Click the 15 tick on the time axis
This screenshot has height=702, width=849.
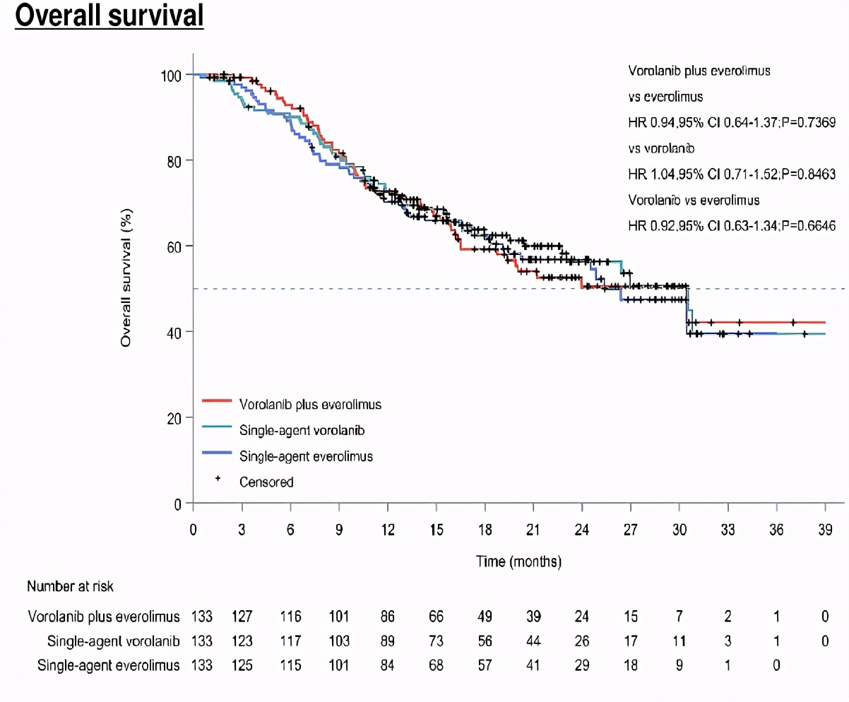(x=437, y=529)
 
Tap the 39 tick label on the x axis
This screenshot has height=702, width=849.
(x=825, y=529)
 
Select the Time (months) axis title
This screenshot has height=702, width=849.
(x=518, y=562)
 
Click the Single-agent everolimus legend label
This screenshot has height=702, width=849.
(x=306, y=456)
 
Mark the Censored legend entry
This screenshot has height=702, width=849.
(x=266, y=482)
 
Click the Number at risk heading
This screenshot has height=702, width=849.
(x=70, y=586)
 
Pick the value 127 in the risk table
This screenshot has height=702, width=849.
(x=242, y=617)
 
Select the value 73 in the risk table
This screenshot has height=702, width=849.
(x=437, y=641)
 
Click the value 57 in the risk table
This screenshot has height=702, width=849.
(x=485, y=665)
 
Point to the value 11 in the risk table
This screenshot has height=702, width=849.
(x=679, y=641)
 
